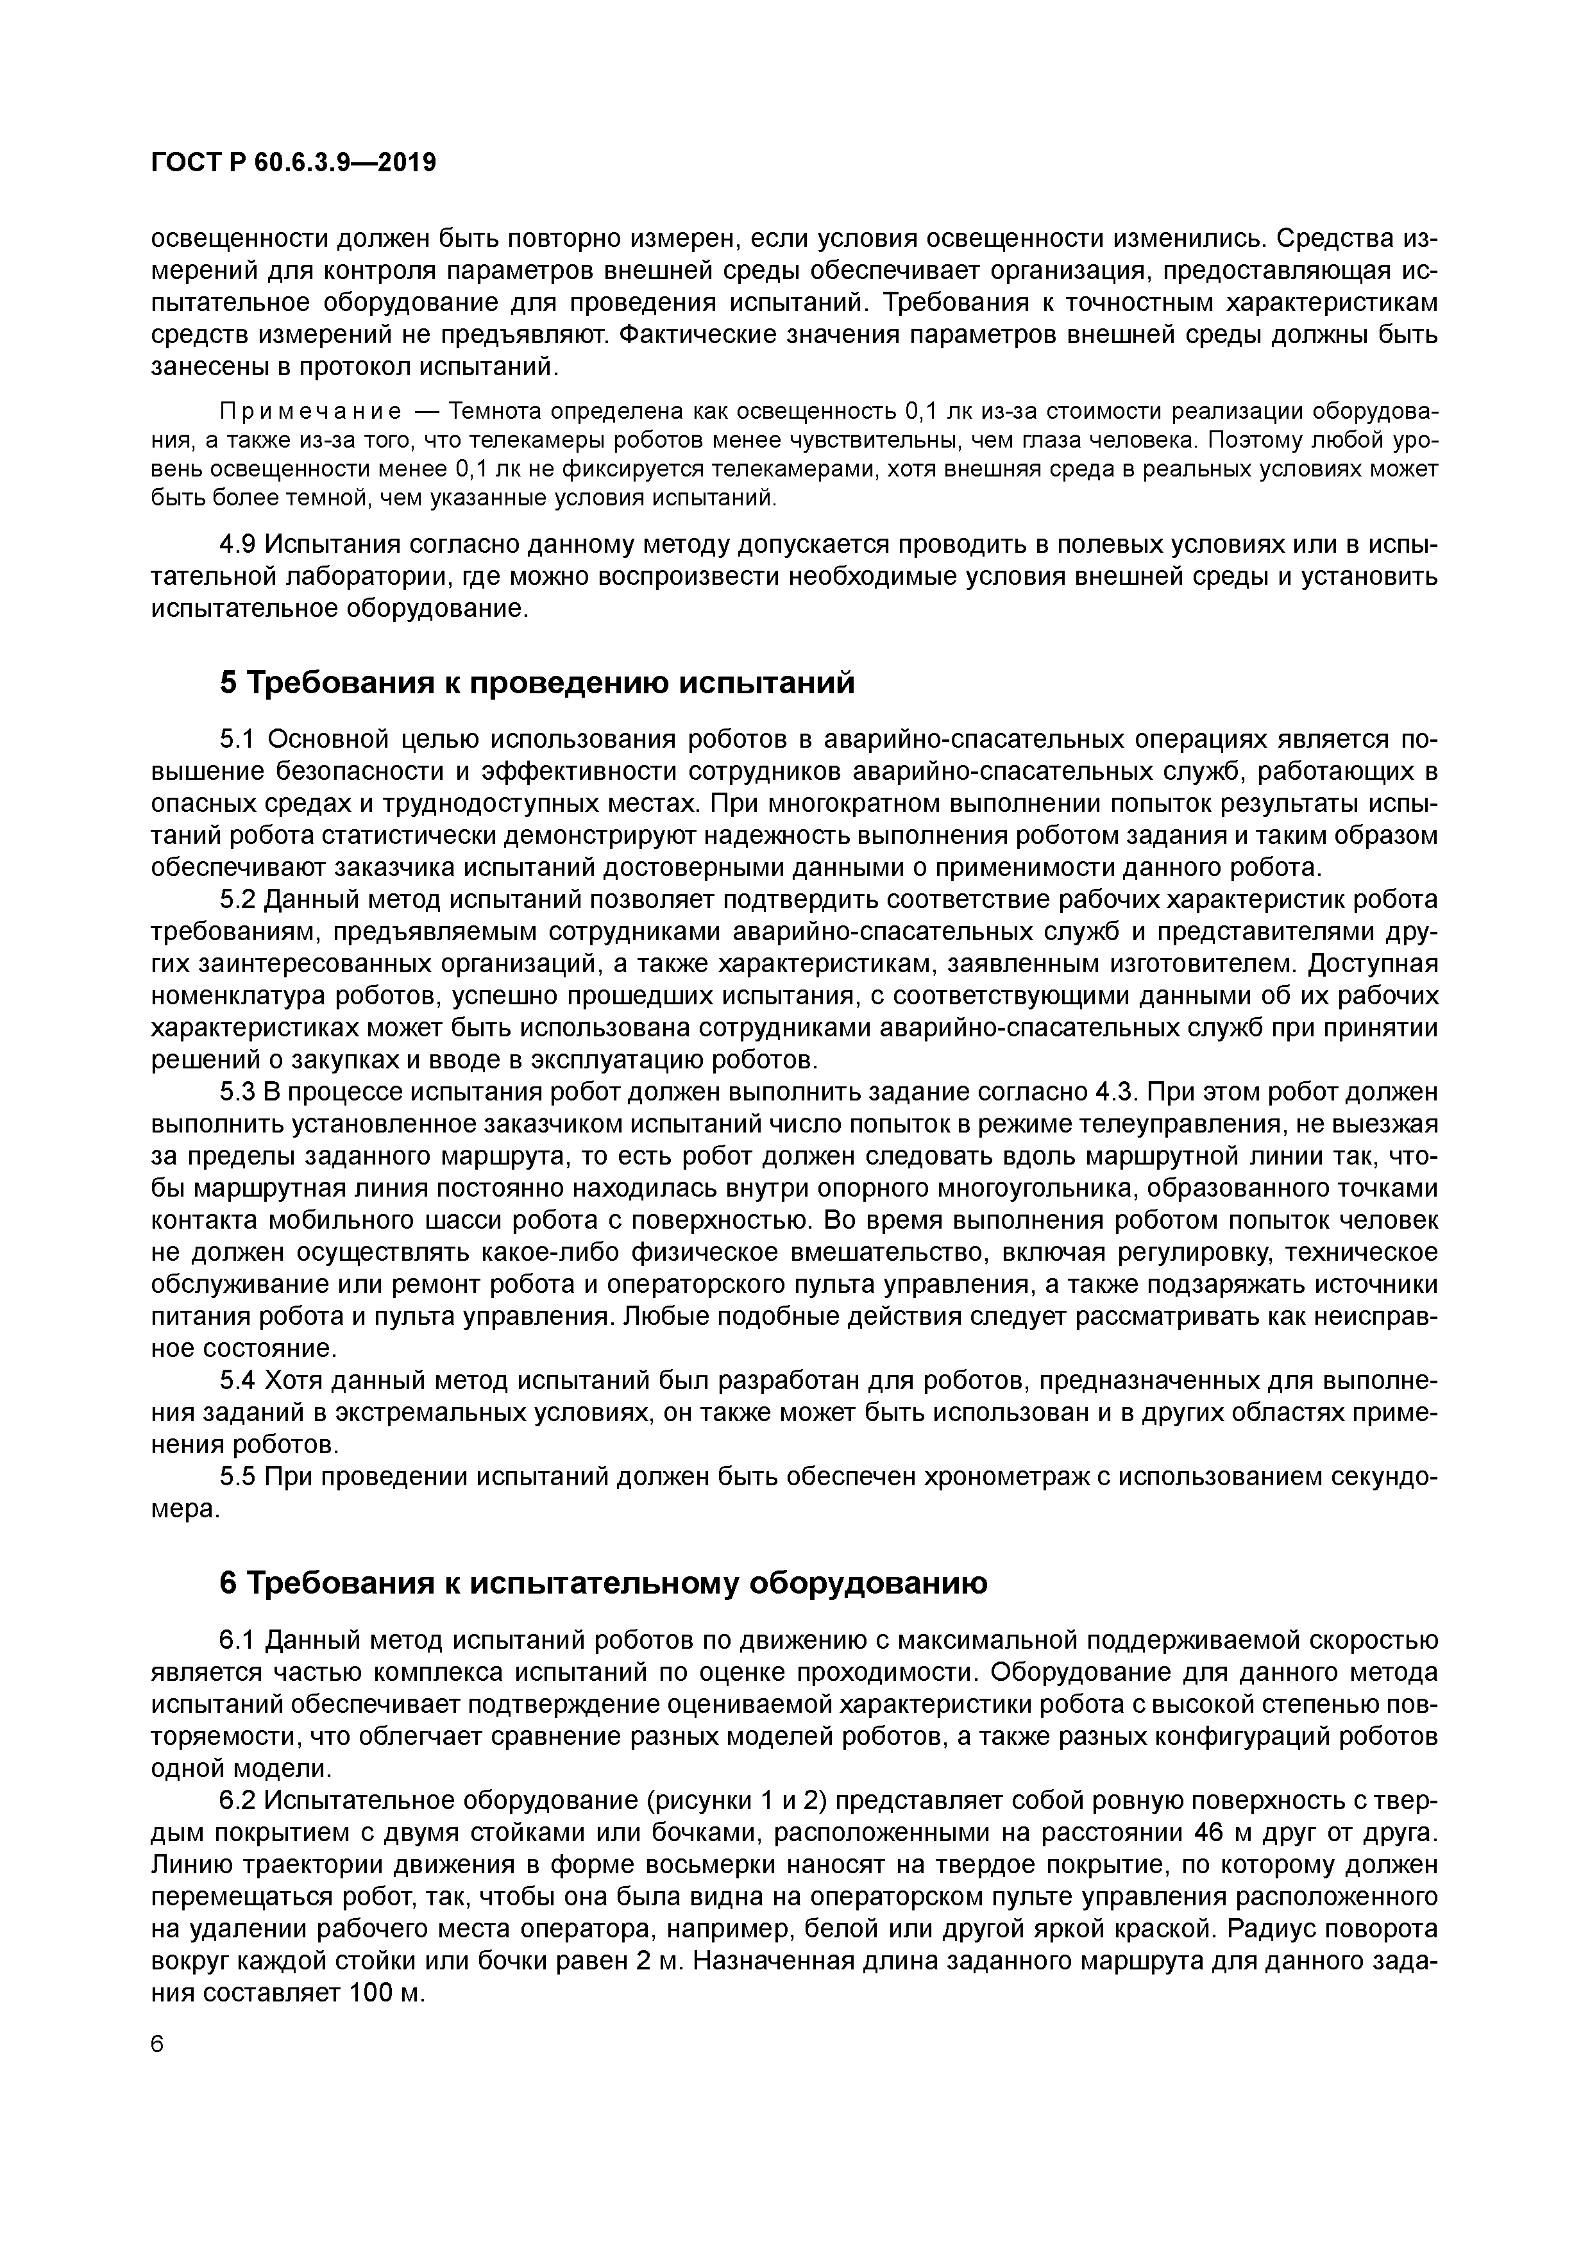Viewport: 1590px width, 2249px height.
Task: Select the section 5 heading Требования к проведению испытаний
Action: click(537, 683)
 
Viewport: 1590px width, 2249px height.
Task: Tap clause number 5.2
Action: click(237, 899)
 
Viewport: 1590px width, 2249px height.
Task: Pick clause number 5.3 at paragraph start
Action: click(237, 1092)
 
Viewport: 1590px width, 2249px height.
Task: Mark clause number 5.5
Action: click(237, 1477)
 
